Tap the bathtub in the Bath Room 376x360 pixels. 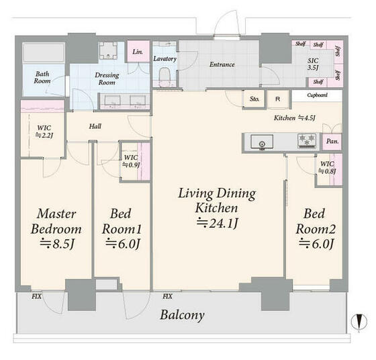pos(44,53)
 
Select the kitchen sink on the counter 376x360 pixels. pos(262,142)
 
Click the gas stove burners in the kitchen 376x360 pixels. pos(306,140)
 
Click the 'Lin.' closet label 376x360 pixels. pos(138,52)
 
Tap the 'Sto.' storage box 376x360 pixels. pos(254,99)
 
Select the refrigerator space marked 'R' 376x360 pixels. pos(278,99)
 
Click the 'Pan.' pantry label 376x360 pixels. pos(332,141)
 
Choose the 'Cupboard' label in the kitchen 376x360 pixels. pos(317,95)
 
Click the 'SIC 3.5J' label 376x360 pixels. pos(313,64)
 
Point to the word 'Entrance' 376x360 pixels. pos(222,64)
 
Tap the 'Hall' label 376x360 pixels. pos(95,126)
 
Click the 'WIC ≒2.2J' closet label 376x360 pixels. pos(44,132)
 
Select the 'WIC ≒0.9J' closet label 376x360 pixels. pos(131,161)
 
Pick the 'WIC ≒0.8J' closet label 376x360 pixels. pos(327,167)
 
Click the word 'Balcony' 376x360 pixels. pos(182,315)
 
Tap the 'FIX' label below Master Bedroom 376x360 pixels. pos(37,296)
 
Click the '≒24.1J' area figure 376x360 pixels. pos(218,223)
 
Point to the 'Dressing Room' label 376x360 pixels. pos(107,79)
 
